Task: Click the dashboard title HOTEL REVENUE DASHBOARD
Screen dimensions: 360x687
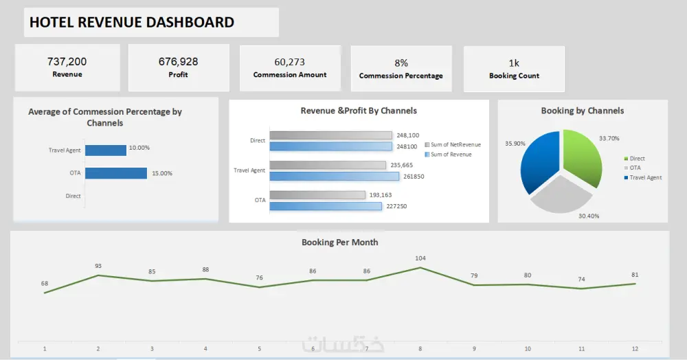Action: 132,23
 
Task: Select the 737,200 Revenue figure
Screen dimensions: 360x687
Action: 67,62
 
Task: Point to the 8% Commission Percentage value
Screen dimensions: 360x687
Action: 401,63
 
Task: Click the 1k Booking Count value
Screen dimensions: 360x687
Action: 514,63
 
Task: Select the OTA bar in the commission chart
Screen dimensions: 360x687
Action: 116,173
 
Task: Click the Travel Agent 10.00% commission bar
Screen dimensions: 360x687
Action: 106,150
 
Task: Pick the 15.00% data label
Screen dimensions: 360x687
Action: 161,173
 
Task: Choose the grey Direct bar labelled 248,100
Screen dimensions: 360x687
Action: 330,135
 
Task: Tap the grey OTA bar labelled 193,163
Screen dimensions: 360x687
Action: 317,195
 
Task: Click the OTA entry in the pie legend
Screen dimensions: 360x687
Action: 635,168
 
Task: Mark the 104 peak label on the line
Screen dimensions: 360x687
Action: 420,258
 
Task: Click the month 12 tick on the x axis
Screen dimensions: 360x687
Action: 635,349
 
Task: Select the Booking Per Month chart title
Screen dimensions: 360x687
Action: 339,243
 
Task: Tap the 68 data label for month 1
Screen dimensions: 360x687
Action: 45,283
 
